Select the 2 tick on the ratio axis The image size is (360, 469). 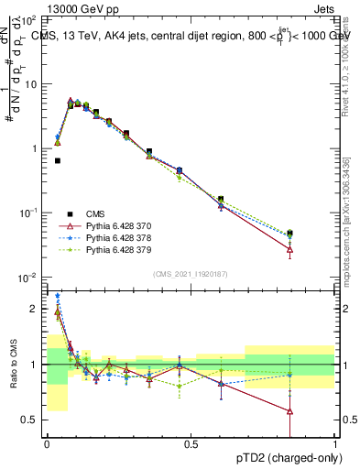pyautogui.click(x=35, y=309)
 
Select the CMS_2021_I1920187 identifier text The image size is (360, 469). pyautogui.click(x=191, y=274)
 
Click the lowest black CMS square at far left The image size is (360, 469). pyautogui.click(x=57, y=160)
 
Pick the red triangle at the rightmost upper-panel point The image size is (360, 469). pyautogui.click(x=290, y=249)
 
